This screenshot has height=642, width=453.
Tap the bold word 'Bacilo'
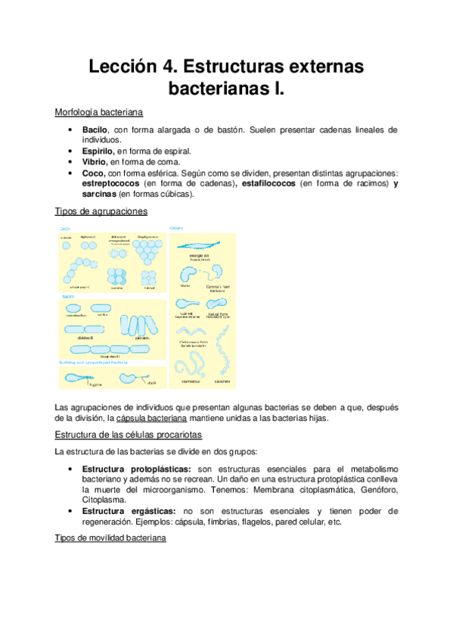point(97,130)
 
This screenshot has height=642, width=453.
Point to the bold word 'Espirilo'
point(99,151)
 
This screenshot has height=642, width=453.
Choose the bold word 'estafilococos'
point(268,183)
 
